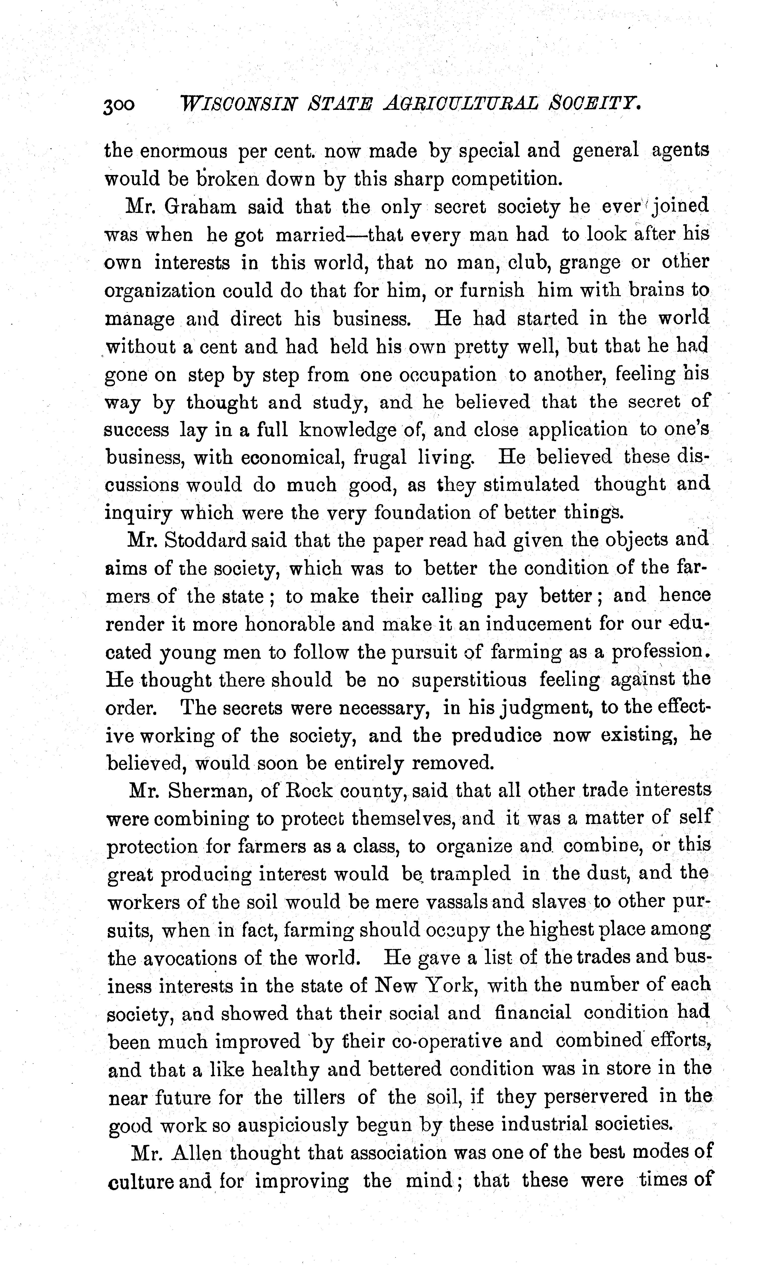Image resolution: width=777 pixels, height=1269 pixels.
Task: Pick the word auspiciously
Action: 282,1126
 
